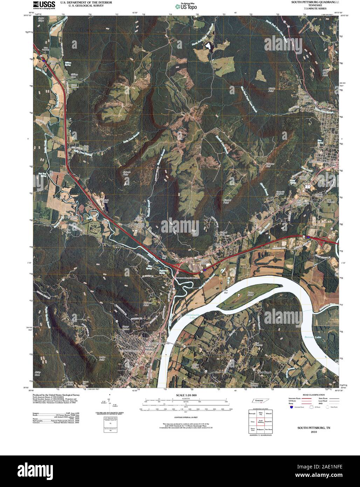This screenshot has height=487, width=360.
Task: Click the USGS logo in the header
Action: [x=44, y=5]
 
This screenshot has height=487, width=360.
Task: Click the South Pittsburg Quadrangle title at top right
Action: [x=313, y=2]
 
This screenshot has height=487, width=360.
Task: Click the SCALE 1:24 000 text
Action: [x=187, y=396]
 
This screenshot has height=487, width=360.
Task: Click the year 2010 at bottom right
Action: [x=313, y=432]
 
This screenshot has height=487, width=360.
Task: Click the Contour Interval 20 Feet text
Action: [x=187, y=418]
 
